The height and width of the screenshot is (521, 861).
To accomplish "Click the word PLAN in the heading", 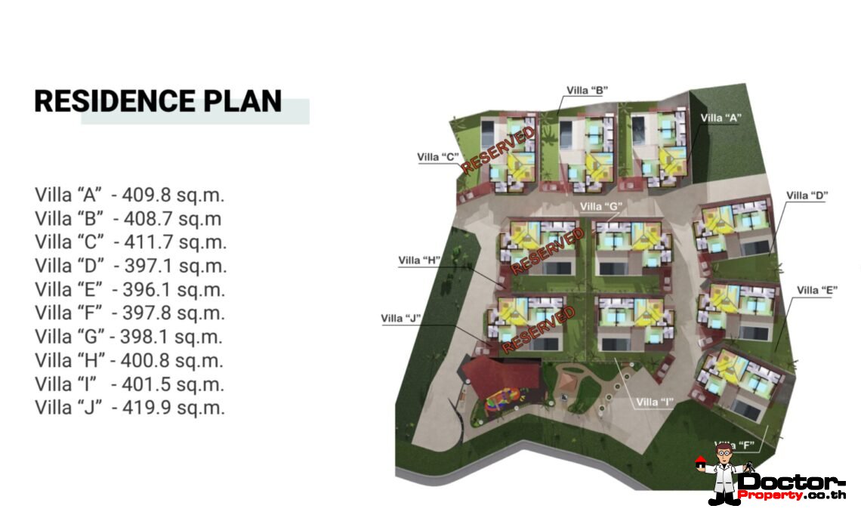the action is pos(242,101).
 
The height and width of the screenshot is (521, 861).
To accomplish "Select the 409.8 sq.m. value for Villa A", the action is pos(173,195).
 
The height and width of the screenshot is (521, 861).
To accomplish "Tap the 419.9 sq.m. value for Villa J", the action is pos(174,408).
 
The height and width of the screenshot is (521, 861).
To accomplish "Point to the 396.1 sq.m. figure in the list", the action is pos(174,289).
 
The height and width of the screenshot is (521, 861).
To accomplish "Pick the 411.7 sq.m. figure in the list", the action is pos(175,242).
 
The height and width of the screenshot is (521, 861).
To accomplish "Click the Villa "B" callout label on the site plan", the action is pos(587,91).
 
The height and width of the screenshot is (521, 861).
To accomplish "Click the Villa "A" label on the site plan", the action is pos(721,118).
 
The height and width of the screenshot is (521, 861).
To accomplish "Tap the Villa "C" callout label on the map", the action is pos(437,158).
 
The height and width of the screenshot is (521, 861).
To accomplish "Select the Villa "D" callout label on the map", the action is pos(807,196).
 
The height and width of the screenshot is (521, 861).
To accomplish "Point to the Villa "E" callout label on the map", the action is pos(817,291).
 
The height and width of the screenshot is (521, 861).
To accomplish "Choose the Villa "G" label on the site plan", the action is pos(601,206).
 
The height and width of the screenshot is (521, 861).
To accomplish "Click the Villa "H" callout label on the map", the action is pos(419,260).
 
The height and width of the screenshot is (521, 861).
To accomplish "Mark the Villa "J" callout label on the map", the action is pos(401,319).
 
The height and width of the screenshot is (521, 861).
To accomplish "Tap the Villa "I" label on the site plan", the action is pos(655,402).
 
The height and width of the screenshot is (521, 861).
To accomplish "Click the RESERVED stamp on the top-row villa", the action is pos(498,150).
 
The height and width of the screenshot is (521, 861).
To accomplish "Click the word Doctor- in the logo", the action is pos(792,482).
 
